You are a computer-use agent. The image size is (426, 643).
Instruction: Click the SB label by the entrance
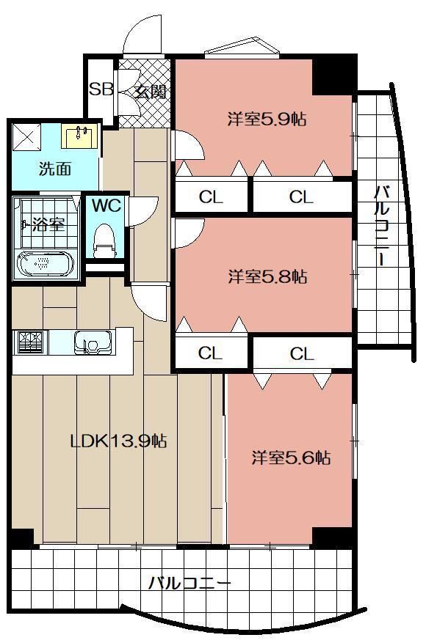pos(101,89)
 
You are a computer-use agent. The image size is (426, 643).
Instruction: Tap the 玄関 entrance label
pos(151,92)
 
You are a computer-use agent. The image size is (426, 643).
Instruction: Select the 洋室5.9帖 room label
pos(267,120)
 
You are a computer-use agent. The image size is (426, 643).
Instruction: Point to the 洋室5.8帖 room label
pos(267,277)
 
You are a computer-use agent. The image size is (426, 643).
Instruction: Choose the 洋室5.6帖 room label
pos(291,458)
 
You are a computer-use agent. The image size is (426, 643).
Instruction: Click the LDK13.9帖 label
pos(119,441)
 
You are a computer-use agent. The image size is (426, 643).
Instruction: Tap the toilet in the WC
pos(104,241)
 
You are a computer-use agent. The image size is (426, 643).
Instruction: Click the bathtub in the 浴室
pos(45,265)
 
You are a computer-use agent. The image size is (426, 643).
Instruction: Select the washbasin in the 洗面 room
pos(80,136)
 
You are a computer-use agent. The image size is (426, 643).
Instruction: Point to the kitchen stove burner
pos(32,342)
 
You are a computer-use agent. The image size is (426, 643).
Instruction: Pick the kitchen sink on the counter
pos(93,342)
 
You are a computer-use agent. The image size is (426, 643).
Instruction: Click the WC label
pos(106,205)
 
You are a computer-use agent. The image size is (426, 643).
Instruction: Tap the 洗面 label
pos(55,169)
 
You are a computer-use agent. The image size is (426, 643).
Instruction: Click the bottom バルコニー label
pos(189,583)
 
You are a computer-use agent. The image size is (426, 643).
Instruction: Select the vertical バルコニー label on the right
pos(382,226)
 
